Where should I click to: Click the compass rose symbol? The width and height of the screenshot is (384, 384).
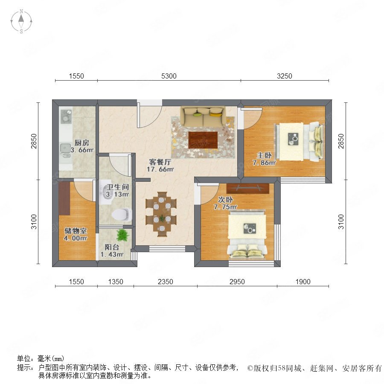click(21, 21)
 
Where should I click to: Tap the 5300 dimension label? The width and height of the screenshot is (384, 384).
click(169, 76)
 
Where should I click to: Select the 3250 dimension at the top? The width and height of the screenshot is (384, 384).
click(284, 76)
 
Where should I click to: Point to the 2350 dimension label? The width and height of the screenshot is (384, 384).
click(165, 282)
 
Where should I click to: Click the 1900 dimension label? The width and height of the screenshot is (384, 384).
click(303, 282)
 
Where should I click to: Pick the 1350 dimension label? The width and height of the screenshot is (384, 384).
click(116, 282)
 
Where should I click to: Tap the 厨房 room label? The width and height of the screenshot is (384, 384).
click(82, 143)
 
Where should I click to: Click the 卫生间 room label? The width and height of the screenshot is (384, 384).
click(118, 187)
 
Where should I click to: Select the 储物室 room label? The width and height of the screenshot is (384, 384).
click(76, 231)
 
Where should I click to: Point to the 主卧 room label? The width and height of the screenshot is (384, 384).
click(264, 155)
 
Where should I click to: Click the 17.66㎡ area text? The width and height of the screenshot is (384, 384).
click(160, 169)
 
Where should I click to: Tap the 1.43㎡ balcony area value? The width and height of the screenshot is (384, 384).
click(112, 254)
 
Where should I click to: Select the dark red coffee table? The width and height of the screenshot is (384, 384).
click(203, 140)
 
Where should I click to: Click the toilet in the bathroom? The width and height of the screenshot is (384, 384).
click(122, 215)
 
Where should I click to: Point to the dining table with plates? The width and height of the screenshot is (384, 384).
click(161, 214)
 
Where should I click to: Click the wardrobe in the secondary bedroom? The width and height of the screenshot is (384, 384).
click(247, 188)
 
